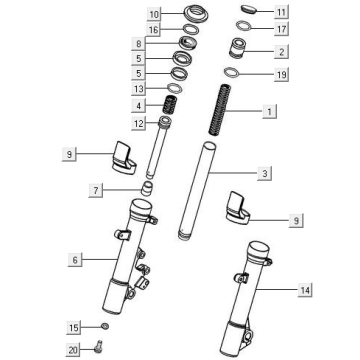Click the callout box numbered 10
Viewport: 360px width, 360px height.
[154, 15]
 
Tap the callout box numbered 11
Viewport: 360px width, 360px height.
[280, 13]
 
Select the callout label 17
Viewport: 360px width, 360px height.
[280, 29]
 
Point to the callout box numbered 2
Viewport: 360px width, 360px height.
[281, 51]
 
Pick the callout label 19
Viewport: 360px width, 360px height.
[280, 75]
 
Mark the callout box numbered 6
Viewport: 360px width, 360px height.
[74, 259]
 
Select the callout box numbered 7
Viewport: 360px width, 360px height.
[123, 189]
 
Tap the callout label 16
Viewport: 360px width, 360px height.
[154, 30]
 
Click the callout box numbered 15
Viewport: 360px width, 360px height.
[74, 327]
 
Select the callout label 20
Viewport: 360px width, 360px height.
[74, 349]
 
